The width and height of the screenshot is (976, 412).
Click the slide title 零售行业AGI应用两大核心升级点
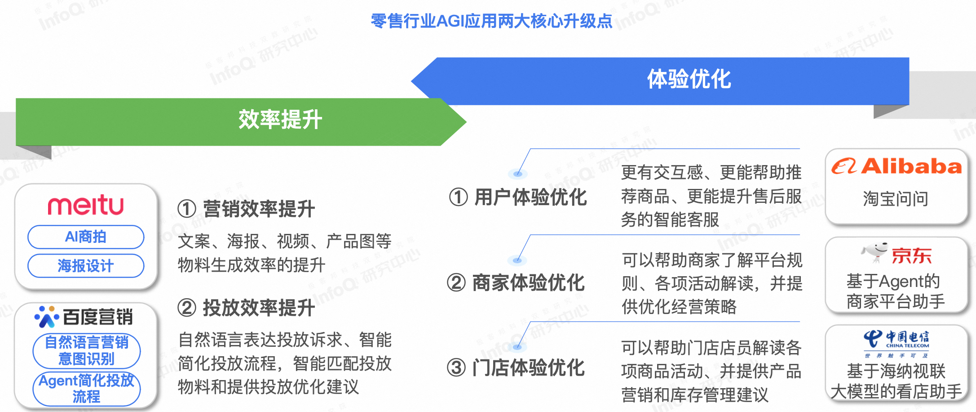coord(491,21)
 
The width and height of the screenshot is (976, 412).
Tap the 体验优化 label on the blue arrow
coord(689,79)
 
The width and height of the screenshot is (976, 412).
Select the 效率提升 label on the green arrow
coord(280,120)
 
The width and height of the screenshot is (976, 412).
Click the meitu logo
coord(86,205)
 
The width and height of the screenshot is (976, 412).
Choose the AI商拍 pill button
coord(86,237)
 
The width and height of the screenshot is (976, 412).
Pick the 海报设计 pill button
coord(86,266)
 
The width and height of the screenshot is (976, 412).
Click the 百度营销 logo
coord(84,317)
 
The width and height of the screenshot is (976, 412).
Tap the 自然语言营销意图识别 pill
coord(86,351)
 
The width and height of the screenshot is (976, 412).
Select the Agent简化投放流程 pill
coord(86,389)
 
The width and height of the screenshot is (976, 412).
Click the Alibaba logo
coord(897,166)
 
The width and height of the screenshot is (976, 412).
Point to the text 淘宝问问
coord(896,198)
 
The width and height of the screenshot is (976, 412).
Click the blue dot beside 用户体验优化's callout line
coord(517,174)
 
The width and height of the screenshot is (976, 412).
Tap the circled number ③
coord(456,367)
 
